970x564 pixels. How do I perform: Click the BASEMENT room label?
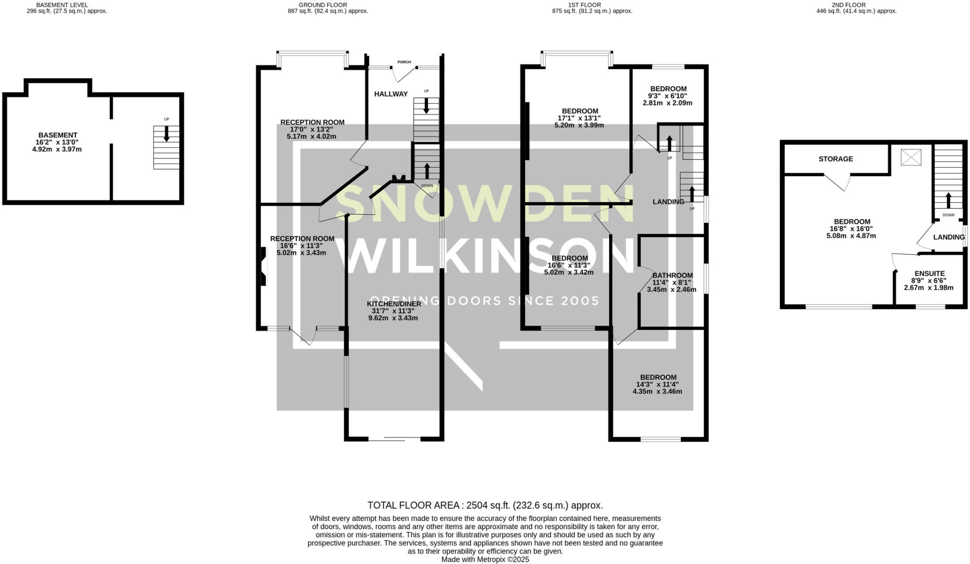[x=58, y=135]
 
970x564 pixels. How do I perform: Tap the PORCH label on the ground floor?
[x=404, y=62]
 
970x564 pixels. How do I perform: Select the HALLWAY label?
[x=391, y=94]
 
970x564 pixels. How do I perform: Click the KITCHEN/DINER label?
[x=394, y=304]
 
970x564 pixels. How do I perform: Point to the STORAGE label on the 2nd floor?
[x=835, y=159]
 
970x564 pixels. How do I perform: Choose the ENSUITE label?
[x=929, y=273]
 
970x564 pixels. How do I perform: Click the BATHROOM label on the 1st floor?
[x=672, y=275]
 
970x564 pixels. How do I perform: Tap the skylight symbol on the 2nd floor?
[x=911, y=157]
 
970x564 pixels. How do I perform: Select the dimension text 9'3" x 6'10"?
[x=668, y=96]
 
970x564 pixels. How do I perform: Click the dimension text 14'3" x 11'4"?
[x=657, y=384]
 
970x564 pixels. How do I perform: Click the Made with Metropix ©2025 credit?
[x=485, y=559]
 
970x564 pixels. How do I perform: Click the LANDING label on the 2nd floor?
[x=949, y=237]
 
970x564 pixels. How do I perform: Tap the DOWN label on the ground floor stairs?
[x=427, y=186]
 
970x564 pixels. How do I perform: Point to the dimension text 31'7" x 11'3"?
[x=394, y=311]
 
